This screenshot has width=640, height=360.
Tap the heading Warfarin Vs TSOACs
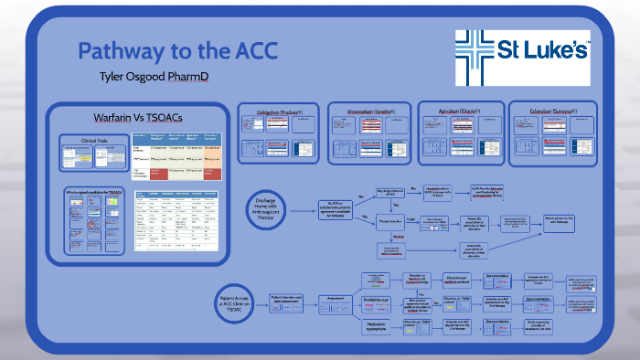[x=135, y=119]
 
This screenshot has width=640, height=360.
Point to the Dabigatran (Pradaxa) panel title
[x=277, y=111]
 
